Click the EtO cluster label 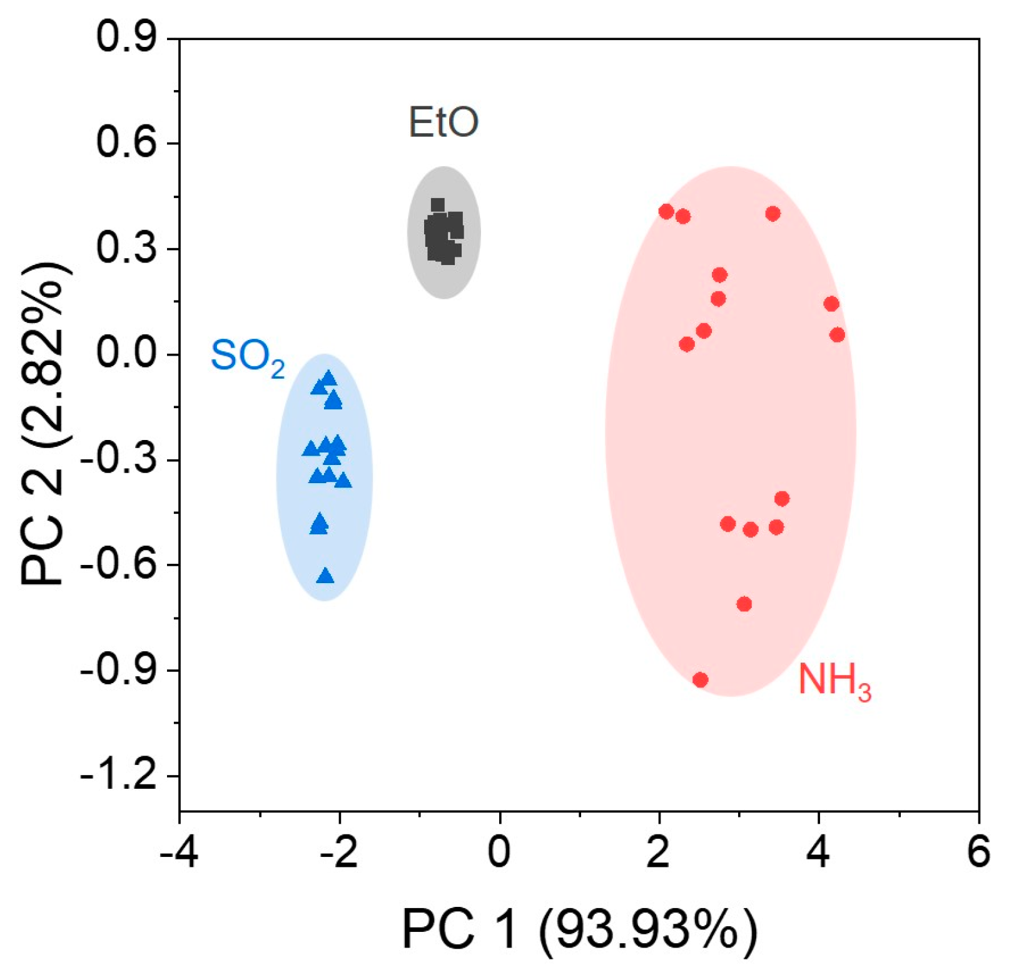click(x=444, y=122)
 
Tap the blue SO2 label click(x=248, y=358)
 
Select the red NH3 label click(x=834, y=681)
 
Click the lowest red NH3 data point click(x=701, y=679)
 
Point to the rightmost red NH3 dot click(x=837, y=335)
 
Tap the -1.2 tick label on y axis click(x=119, y=776)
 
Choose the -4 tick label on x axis click(x=179, y=851)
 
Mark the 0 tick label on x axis click(x=499, y=851)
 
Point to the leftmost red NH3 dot click(x=666, y=212)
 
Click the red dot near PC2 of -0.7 click(x=744, y=604)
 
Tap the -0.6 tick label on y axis click(x=119, y=565)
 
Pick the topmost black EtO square click(x=438, y=205)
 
